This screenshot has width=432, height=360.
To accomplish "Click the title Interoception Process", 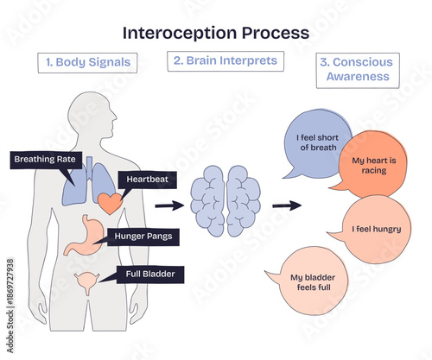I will (215, 33).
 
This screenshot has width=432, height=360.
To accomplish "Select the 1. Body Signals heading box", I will (89, 62).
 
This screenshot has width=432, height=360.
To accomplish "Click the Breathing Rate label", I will (44, 159).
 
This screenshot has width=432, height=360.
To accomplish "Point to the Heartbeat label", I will (151, 179).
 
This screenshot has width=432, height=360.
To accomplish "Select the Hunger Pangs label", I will (143, 236).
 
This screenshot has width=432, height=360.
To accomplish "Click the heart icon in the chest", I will (109, 203).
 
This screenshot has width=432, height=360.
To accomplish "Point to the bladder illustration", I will (86, 281).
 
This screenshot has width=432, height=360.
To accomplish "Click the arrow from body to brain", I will (169, 205).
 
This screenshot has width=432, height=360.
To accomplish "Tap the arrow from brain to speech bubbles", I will (286, 205).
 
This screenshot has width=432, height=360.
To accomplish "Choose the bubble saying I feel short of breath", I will (318, 142).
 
